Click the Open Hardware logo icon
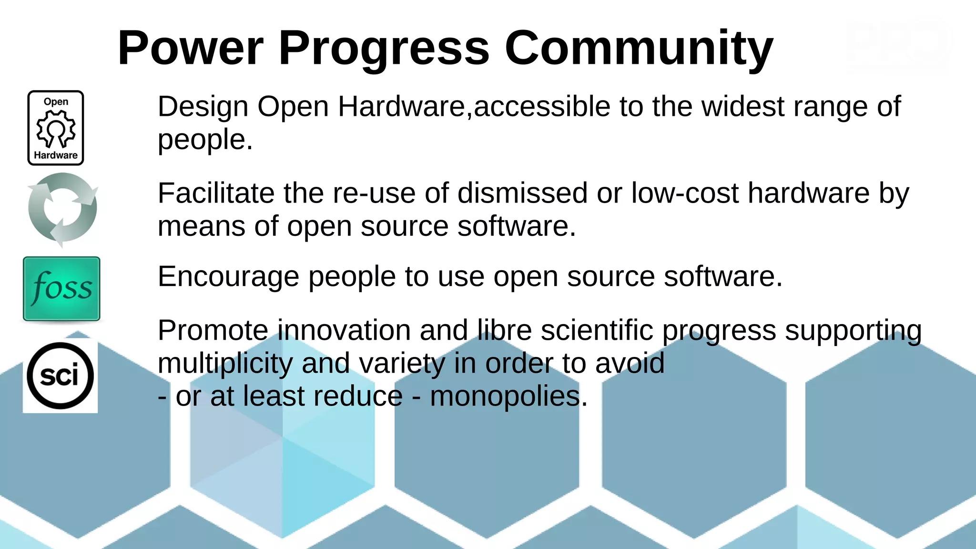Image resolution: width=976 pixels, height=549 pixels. coord(56,128)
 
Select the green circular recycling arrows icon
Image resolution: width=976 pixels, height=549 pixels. coord(62,209)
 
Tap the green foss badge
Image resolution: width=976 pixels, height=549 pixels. coord(61,289)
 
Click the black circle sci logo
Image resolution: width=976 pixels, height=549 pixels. coord(60,376)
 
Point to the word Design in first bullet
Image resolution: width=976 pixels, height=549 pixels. coord(203,107)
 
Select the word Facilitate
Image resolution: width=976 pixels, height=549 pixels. coord(216,193)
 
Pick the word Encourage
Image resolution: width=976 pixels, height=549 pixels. coord(228,277)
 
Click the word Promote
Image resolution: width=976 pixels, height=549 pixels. coord(213,330)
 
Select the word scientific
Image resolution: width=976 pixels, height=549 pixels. coord(597,330)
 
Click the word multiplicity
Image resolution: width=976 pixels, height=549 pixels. coord(225,364)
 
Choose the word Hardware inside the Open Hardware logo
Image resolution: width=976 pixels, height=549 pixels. coord(56,155)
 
